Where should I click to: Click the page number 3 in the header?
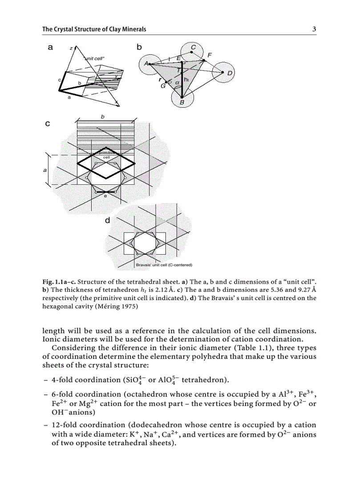(x=314, y=29)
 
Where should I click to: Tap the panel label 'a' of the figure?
(x=51, y=47)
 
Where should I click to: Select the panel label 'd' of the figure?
(x=108, y=220)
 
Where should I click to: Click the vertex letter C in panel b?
(x=193, y=47)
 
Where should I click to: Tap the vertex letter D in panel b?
(x=230, y=73)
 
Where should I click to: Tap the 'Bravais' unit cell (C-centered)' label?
(x=163, y=265)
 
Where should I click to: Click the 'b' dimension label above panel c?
(x=103, y=116)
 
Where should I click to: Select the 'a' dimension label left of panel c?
(x=45, y=170)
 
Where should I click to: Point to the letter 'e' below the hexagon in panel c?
(x=105, y=196)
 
